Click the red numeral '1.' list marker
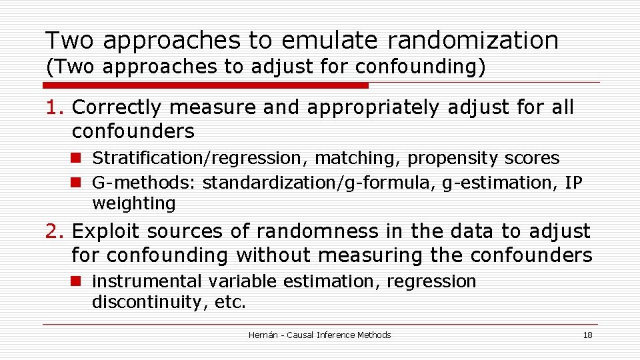pos(56,107)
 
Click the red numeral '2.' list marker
pos(56,231)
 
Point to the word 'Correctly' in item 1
pos(117,107)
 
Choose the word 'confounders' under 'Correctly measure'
pos(133,131)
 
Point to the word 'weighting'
pos(133,203)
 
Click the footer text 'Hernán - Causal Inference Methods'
pos(319,335)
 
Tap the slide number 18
pos(587,335)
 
